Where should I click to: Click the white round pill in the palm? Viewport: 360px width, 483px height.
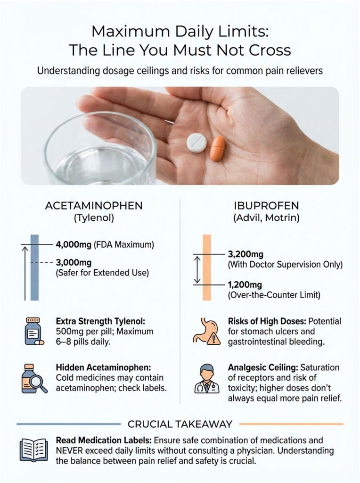pos(197,142)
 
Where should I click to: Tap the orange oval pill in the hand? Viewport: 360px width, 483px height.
pos(218,148)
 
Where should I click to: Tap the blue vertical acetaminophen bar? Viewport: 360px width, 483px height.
pos(34,267)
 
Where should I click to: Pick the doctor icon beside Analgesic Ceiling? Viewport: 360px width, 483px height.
pos(206,378)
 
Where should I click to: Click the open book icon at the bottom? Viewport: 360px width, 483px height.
pos(33,449)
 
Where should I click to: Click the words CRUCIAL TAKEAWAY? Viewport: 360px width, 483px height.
pos(180,423)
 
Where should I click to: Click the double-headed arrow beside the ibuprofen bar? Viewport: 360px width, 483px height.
pos(197,269)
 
